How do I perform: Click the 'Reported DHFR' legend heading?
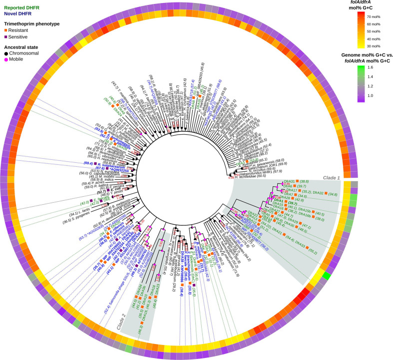[21, 4]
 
